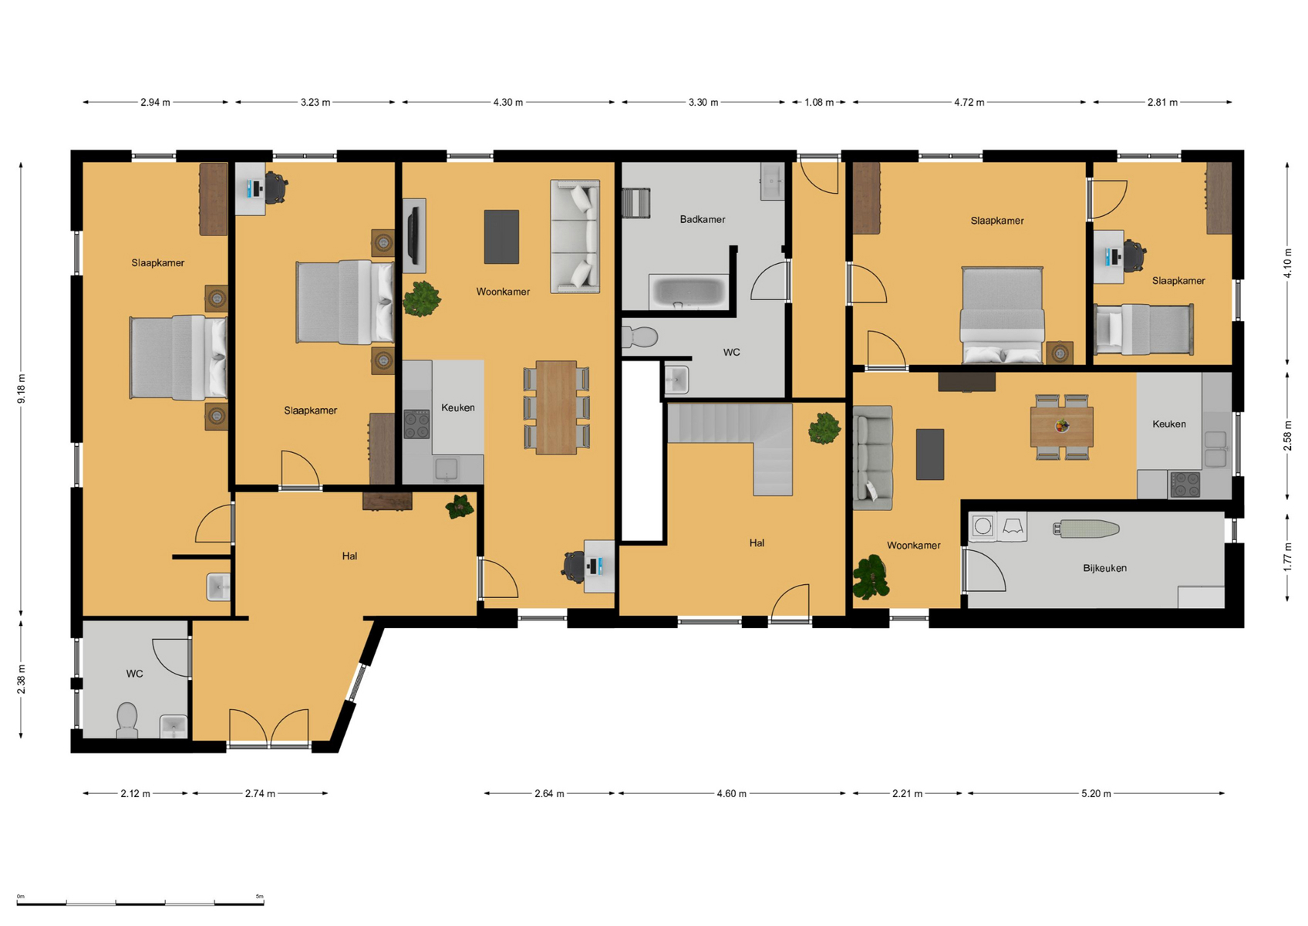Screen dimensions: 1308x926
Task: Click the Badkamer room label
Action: [x=702, y=220]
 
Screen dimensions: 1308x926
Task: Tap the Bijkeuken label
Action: [x=1104, y=568]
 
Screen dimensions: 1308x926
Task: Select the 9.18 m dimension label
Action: [x=21, y=388]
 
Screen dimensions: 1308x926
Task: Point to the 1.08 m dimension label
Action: [x=819, y=102]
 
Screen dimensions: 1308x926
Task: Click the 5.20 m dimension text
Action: [x=1096, y=793]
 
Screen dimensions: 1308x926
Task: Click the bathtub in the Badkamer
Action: [x=689, y=292]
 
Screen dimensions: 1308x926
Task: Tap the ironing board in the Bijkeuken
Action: [x=1086, y=529]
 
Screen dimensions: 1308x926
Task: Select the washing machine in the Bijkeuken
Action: [x=983, y=526]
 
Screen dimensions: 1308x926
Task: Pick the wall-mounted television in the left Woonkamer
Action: [x=414, y=236]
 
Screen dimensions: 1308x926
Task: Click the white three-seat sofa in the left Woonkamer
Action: [x=575, y=236]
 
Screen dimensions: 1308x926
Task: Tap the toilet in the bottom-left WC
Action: [x=126, y=721]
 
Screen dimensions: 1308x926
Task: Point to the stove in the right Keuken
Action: [x=1184, y=485]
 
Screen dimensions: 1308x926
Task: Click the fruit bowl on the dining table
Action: [x=1062, y=426]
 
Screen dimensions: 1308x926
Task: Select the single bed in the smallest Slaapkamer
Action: [x=1143, y=330]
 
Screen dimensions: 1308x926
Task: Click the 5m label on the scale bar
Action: [x=259, y=896]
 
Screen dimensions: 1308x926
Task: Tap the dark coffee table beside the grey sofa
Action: [x=929, y=455]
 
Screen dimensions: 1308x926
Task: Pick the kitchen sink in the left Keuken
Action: [x=447, y=468]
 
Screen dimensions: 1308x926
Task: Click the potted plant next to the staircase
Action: [x=824, y=428]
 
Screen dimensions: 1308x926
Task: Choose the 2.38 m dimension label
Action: [x=21, y=680]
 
